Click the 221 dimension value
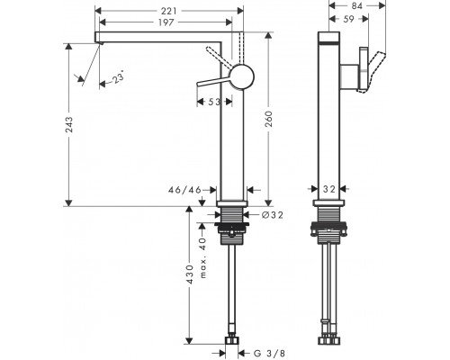[169, 11]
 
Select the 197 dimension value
[166, 22]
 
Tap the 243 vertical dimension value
[69, 125]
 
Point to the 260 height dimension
[269, 119]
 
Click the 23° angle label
[119, 76]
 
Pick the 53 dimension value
[214, 102]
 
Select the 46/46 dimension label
[184, 190]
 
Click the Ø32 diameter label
[272, 215]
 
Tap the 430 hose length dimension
[189, 274]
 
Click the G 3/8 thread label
[269, 354]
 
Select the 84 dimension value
[357, 5]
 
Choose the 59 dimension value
[348, 19]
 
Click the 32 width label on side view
[329, 189]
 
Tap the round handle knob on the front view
[242, 76]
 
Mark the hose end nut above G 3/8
[232, 340]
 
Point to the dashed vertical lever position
[241, 48]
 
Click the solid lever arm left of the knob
[214, 82]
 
